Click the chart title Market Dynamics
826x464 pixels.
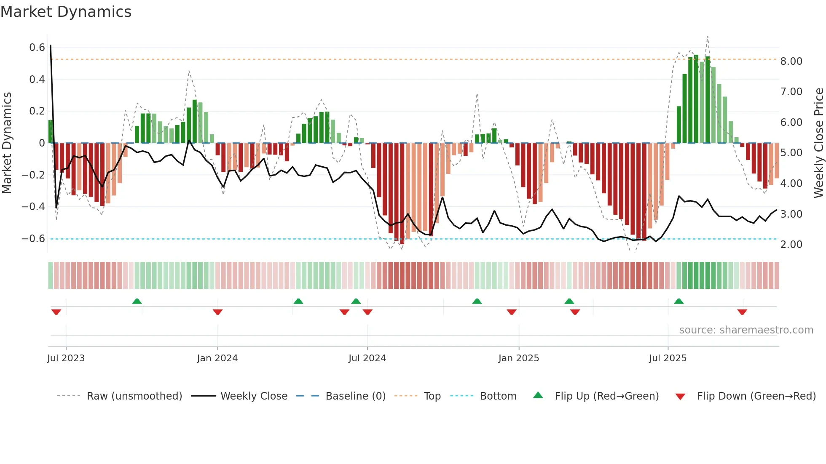[66, 12]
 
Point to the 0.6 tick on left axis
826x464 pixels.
[37, 48]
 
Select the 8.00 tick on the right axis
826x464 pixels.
[791, 61]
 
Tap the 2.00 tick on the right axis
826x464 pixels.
[791, 245]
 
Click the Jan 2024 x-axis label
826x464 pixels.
[217, 358]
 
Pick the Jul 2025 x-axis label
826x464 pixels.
[668, 358]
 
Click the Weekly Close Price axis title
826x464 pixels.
[818, 143]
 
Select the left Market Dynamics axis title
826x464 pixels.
[7, 143]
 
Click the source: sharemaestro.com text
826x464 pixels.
[746, 330]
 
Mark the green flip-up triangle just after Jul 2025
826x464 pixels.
[678, 301]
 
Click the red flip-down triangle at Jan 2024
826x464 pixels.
[217, 312]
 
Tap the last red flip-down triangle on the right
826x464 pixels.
[742, 312]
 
